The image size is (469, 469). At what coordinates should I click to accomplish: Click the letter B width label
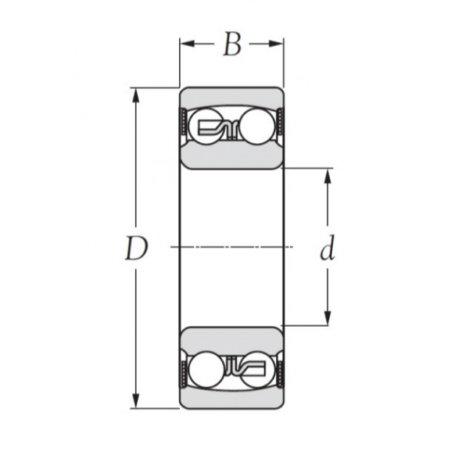pos(232,45)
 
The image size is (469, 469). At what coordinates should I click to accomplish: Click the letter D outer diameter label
pos(136,248)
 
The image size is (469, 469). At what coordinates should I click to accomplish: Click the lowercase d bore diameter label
pos(328,250)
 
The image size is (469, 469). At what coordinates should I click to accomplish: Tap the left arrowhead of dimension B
pos(188,44)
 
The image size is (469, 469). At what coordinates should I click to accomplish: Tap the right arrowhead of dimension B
pos(275,44)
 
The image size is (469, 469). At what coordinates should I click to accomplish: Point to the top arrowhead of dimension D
pos(136,95)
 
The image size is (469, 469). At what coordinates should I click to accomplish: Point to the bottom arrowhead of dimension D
pos(136,401)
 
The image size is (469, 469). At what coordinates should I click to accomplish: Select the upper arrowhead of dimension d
pos(328,177)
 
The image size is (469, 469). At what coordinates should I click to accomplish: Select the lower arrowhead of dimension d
pos(328,317)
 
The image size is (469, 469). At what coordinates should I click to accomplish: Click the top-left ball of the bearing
pos(206,127)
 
